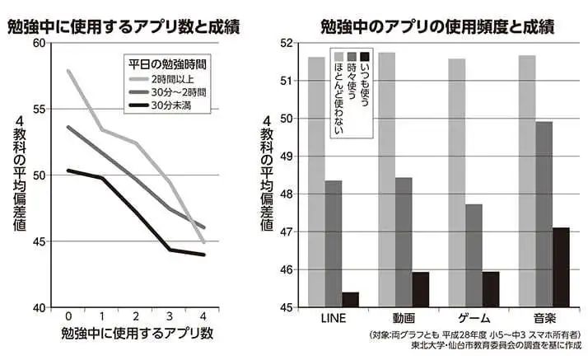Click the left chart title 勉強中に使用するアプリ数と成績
[123, 26]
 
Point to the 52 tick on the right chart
[287, 43]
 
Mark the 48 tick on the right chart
[287, 194]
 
